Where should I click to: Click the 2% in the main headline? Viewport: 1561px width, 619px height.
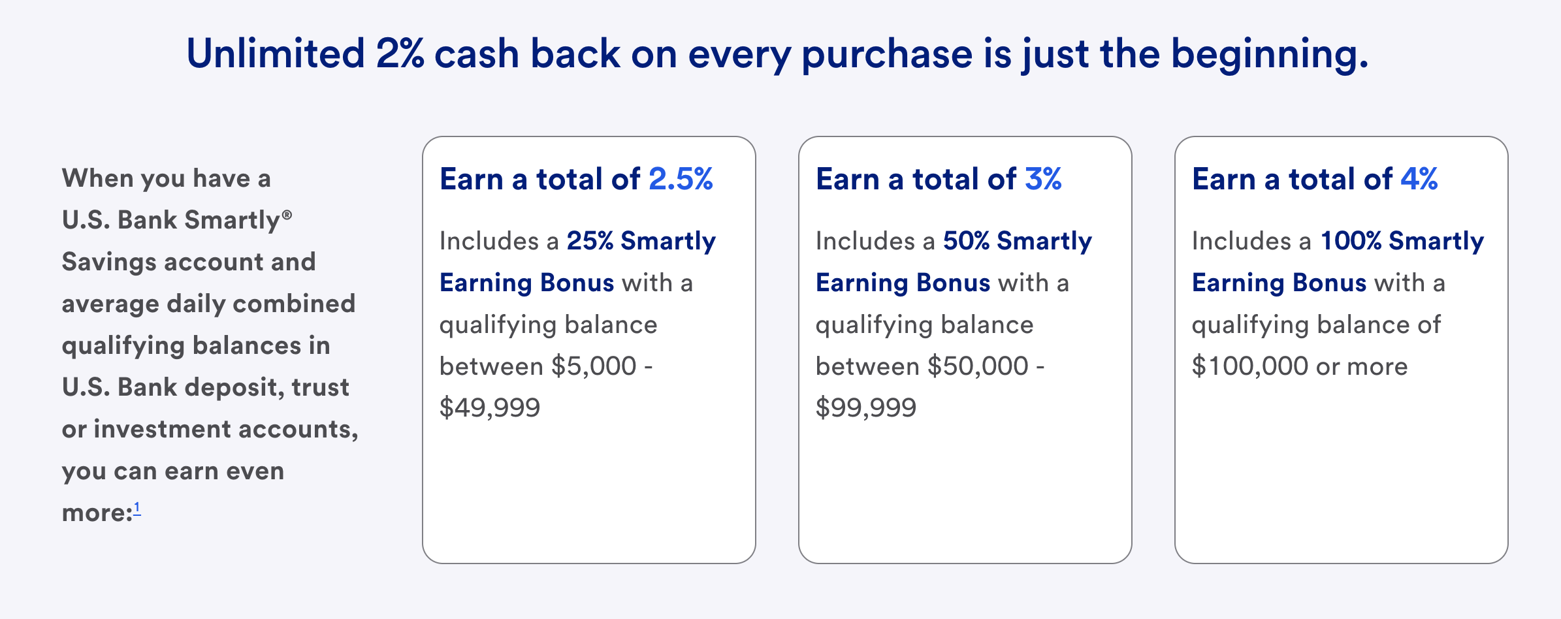(x=400, y=54)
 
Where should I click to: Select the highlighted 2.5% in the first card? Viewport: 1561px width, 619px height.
(x=681, y=179)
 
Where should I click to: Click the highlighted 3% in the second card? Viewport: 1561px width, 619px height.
(x=1043, y=179)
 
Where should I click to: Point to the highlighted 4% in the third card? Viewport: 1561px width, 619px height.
(x=1419, y=179)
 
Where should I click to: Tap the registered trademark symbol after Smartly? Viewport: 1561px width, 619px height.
(x=287, y=214)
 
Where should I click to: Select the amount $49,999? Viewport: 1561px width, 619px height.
(x=490, y=408)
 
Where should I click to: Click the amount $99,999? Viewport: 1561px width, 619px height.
(x=866, y=408)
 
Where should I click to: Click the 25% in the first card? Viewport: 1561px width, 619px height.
(x=590, y=241)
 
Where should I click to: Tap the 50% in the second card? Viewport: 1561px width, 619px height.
(x=966, y=241)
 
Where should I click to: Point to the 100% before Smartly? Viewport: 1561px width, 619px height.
(x=1351, y=241)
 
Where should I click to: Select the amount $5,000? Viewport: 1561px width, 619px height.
(x=594, y=366)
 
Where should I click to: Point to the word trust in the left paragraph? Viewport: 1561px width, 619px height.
(x=320, y=388)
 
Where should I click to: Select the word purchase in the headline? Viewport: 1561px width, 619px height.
(x=887, y=55)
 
